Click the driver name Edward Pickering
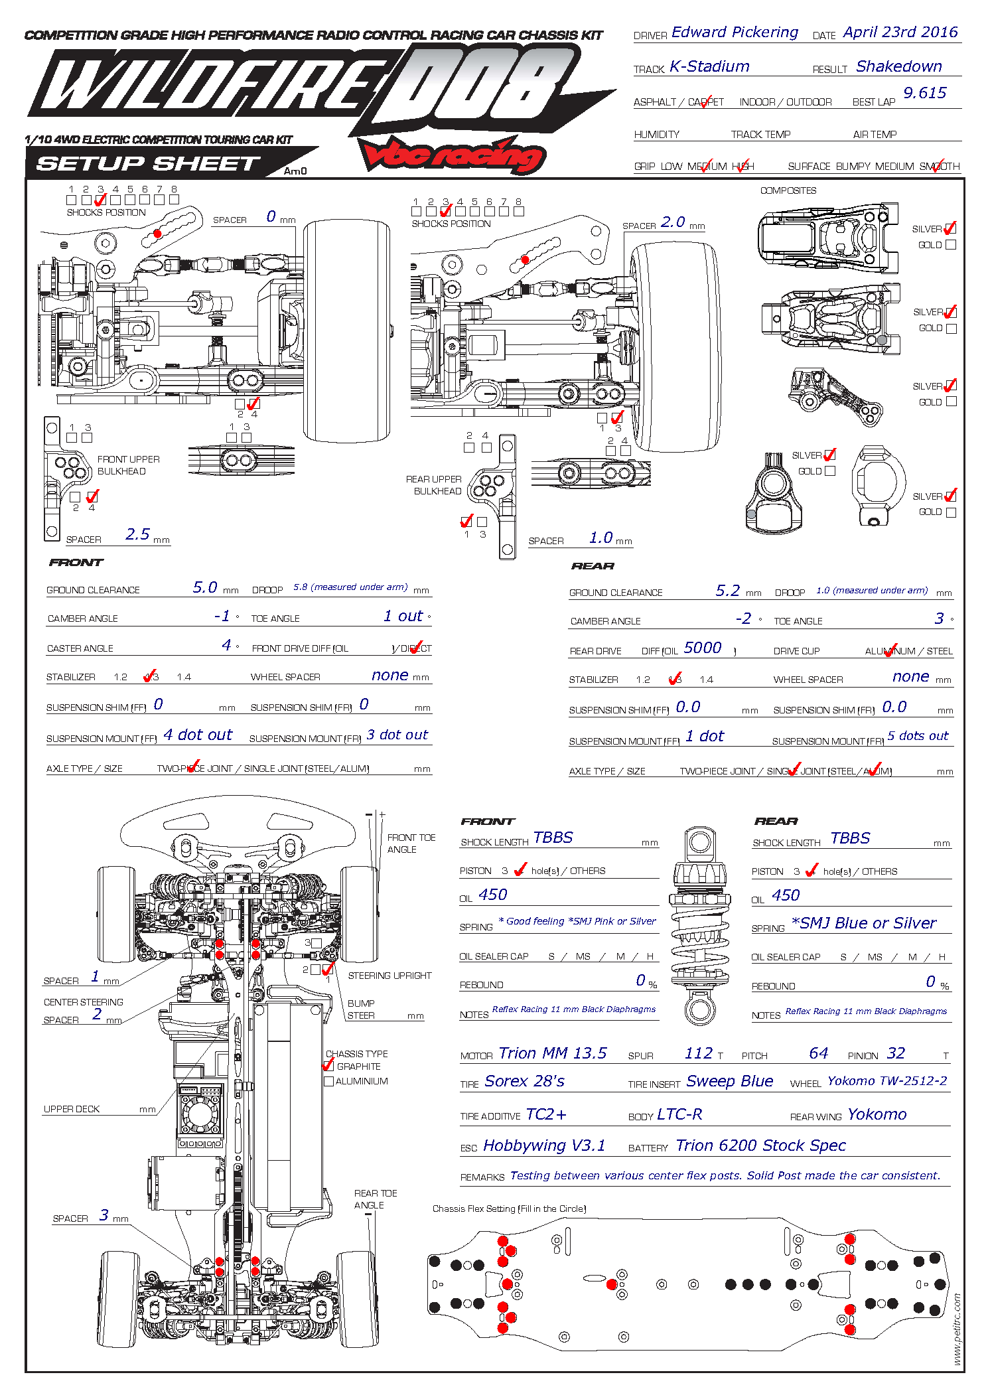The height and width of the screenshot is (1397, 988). (735, 33)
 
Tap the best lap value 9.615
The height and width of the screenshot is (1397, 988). (924, 93)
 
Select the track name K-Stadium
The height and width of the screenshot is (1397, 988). (709, 66)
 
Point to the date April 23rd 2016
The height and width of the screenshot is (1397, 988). (900, 33)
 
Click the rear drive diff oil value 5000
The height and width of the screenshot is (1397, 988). (702, 648)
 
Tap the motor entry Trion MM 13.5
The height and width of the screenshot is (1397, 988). (552, 1053)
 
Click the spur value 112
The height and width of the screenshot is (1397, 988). (698, 1053)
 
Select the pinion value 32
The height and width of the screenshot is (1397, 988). (896, 1053)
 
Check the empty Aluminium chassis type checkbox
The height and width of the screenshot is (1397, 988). (328, 1081)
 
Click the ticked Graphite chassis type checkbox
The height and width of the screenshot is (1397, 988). (328, 1066)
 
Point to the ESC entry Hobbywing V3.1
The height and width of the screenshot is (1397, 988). (544, 1145)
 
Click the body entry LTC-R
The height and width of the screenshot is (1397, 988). (679, 1114)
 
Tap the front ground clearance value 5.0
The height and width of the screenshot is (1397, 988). (205, 587)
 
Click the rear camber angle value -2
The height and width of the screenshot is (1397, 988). (743, 619)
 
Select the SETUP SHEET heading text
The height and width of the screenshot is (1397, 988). (148, 163)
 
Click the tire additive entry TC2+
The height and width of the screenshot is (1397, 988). (546, 1114)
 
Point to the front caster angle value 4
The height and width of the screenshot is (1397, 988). (226, 645)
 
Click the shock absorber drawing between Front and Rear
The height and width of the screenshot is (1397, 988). (700, 926)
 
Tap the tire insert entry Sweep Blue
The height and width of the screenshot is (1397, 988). (729, 1081)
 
